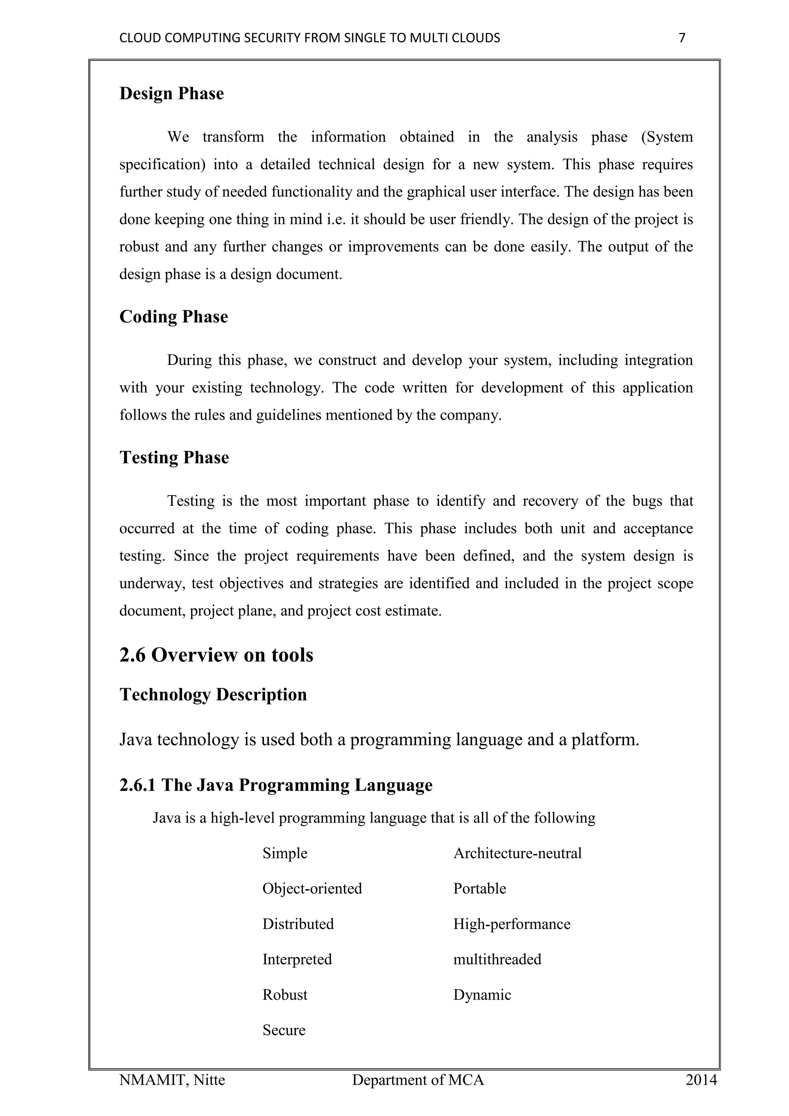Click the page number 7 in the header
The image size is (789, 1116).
(x=682, y=38)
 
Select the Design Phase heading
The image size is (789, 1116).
(x=171, y=94)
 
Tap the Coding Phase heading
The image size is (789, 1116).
(x=173, y=317)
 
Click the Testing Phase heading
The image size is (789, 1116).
(x=174, y=458)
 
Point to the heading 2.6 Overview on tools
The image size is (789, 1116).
(x=216, y=655)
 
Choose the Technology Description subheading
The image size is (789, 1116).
(x=213, y=694)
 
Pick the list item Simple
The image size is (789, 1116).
(x=285, y=854)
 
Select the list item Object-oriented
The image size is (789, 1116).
(x=312, y=889)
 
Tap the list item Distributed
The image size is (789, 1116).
(x=298, y=924)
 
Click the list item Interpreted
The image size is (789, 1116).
(x=297, y=960)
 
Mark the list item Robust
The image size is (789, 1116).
(x=285, y=995)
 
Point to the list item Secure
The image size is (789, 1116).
(x=284, y=1030)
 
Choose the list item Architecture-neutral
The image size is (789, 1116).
(x=517, y=854)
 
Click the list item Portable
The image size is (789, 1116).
(x=480, y=889)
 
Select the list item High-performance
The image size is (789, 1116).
(x=512, y=924)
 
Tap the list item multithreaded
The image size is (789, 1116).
(x=497, y=960)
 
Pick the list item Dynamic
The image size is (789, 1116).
(x=482, y=995)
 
